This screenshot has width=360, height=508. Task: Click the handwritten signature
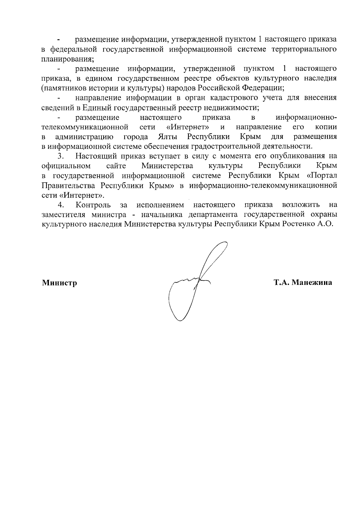pyautogui.click(x=195, y=282)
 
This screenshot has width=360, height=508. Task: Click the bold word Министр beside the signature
pyautogui.click(x=59, y=283)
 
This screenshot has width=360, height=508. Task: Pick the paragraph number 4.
pyautogui.click(x=61, y=205)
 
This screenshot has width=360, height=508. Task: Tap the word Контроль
pyautogui.click(x=93, y=205)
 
